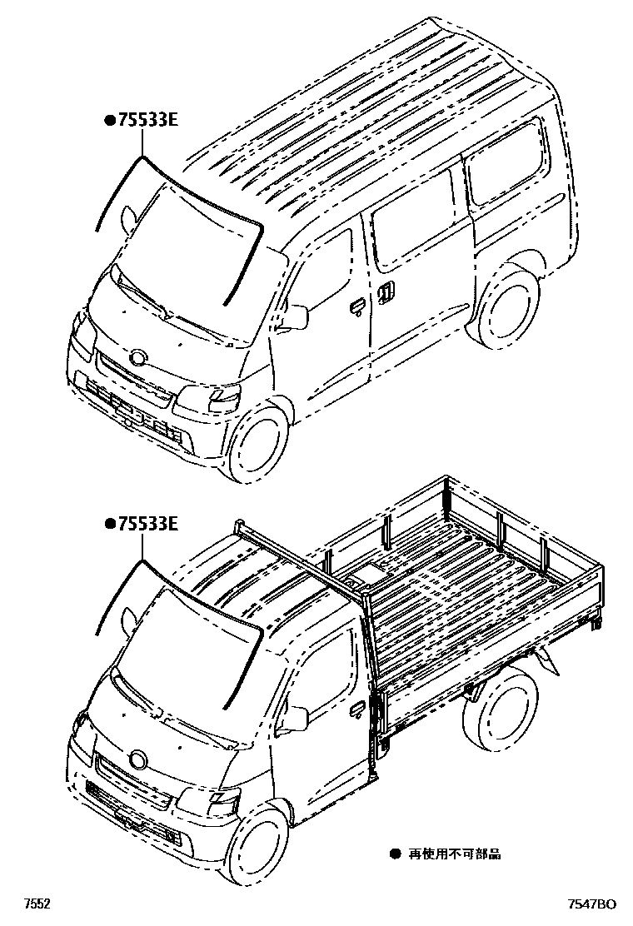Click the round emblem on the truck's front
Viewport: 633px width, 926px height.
click(x=137, y=759)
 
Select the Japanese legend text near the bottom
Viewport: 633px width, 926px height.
click(x=456, y=854)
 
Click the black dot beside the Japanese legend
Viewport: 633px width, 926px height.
click(x=396, y=854)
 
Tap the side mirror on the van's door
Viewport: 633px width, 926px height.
click(x=296, y=316)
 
